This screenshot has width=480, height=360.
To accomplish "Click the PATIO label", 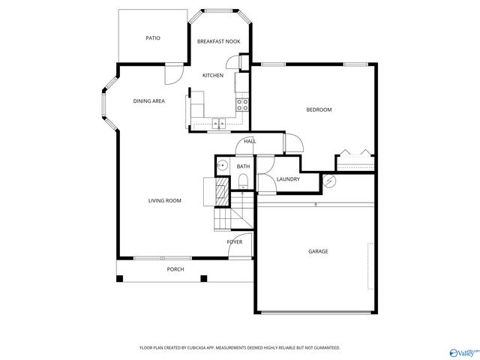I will [152, 38].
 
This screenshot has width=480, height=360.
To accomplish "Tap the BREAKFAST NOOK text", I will [218, 41].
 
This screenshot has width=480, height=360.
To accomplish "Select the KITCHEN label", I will [213, 76].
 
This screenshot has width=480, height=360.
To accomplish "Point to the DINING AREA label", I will [148, 100].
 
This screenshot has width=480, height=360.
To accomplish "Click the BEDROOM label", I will [319, 109].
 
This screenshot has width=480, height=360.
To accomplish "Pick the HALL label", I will [250, 141].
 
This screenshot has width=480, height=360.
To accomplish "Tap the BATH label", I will [243, 166].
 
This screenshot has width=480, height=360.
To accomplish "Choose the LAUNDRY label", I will [288, 179].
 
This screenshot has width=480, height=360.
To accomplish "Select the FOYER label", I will [235, 241].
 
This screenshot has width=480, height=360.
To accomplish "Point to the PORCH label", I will [175, 269].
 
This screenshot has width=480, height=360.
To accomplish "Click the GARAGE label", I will [318, 251].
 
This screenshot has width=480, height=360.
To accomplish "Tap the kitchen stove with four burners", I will [242, 105].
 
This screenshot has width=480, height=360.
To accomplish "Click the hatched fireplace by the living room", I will [220, 191].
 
